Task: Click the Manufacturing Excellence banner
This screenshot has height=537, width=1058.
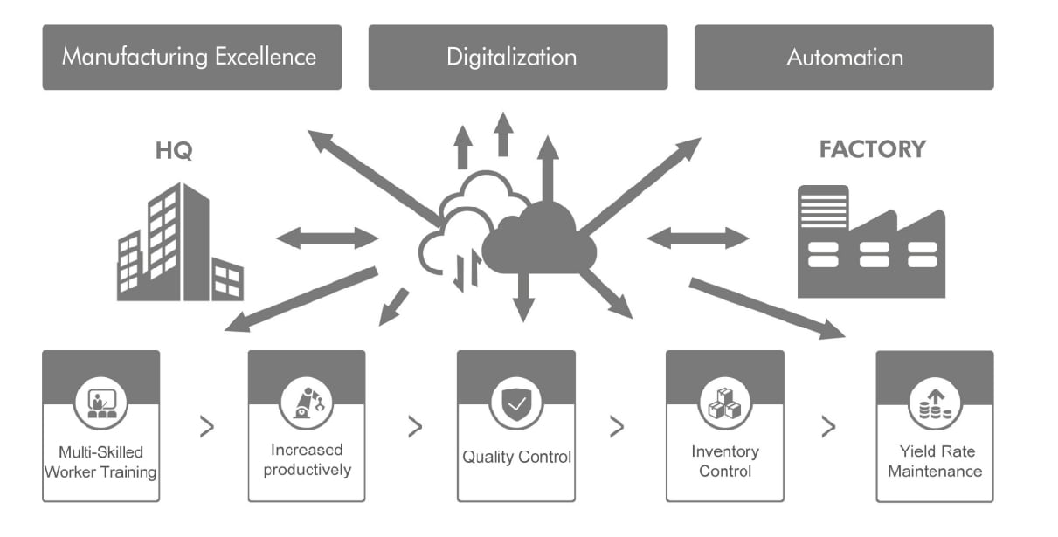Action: tap(191, 58)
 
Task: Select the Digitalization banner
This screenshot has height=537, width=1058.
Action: tap(517, 58)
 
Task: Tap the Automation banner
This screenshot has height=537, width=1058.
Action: tap(844, 58)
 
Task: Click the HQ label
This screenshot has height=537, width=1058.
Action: tap(173, 150)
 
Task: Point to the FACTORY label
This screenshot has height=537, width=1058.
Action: tap(872, 149)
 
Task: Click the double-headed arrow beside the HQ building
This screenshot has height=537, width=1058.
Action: tap(328, 238)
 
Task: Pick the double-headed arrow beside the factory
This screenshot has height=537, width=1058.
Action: tap(698, 238)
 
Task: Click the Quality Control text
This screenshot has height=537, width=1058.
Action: tap(516, 457)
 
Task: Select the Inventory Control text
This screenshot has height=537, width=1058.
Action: tap(724, 461)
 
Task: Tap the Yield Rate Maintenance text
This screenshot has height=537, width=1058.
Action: tap(935, 461)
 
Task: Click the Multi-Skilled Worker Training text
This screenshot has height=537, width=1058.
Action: tap(100, 462)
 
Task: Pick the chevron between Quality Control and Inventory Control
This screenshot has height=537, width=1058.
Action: tap(617, 427)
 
